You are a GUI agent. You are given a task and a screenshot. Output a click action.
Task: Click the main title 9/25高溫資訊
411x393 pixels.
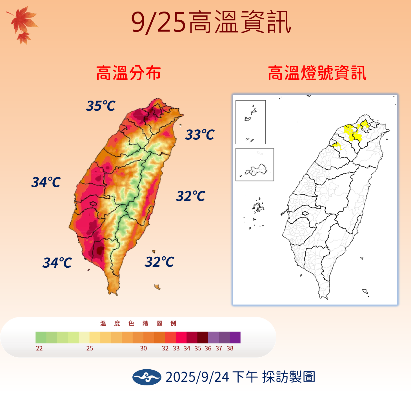pyautogui.click(x=211, y=22)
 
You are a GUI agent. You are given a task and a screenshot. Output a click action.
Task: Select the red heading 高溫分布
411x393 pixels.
pyautogui.click(x=128, y=73)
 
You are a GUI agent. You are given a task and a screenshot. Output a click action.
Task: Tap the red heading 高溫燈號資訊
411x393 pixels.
pyautogui.click(x=317, y=73)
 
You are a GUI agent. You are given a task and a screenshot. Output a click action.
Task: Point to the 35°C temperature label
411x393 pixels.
pyautogui.click(x=101, y=106)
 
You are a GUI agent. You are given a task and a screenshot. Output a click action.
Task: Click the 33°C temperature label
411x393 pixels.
pyautogui.click(x=200, y=135)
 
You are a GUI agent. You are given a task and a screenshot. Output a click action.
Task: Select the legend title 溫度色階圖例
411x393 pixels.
pyautogui.click(x=138, y=323)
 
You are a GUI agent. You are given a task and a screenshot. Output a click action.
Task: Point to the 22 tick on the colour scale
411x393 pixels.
pyautogui.click(x=39, y=348)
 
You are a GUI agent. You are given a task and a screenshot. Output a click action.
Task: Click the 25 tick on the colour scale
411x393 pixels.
pyautogui.click(x=90, y=348)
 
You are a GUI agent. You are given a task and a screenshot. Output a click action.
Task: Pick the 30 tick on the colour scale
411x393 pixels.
pyautogui.click(x=143, y=348)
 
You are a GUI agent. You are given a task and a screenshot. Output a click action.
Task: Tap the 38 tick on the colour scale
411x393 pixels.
pyautogui.click(x=230, y=348)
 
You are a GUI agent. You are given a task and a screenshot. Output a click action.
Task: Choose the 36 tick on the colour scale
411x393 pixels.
pyautogui.click(x=208, y=348)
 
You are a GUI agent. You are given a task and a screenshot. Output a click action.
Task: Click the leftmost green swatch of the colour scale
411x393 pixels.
pyautogui.click(x=41, y=338)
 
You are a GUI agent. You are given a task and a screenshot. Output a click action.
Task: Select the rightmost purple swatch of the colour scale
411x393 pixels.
pyautogui.click(x=235, y=338)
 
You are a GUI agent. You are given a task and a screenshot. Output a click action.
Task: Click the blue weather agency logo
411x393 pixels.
pyautogui.click(x=147, y=377)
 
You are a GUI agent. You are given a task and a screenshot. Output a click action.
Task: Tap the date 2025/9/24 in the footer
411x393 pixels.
pyautogui.click(x=197, y=377)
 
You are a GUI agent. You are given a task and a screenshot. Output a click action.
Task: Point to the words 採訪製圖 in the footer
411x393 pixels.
pyautogui.click(x=288, y=377)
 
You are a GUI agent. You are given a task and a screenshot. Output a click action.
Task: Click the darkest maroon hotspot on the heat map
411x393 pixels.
pyautogui.click(x=99, y=250)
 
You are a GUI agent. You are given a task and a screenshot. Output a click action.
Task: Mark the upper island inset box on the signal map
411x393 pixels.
pyautogui.click(x=250, y=122)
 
